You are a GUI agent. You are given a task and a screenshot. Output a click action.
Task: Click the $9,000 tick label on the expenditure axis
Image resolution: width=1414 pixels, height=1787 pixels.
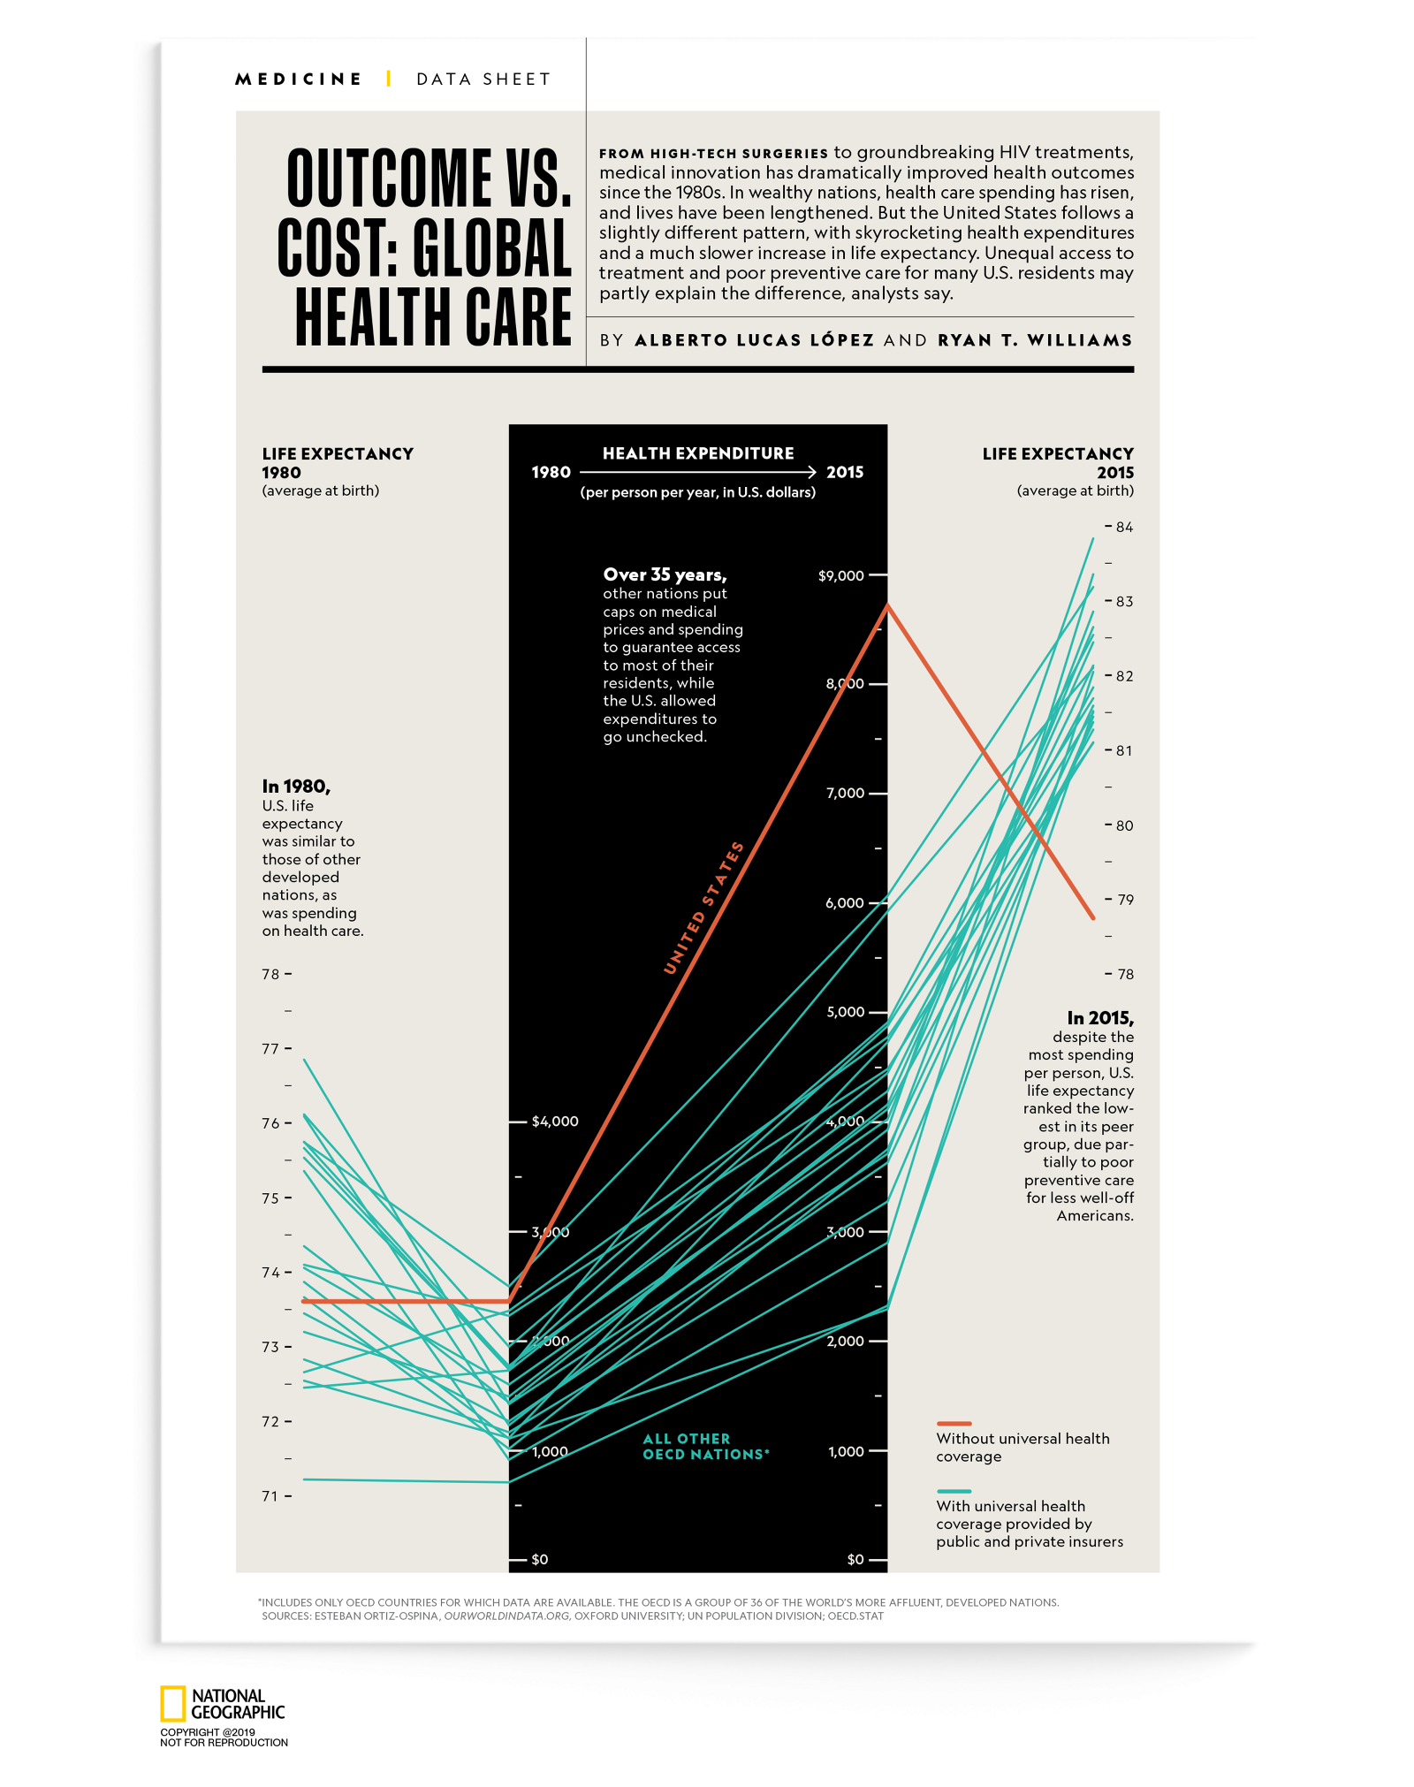click(840, 576)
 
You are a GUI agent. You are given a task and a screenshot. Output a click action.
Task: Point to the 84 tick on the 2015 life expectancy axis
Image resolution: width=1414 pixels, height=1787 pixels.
click(1123, 528)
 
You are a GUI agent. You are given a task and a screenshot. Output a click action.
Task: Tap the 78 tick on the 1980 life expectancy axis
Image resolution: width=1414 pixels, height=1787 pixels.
click(271, 974)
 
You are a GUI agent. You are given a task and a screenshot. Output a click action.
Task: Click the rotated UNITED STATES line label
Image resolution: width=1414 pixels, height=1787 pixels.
click(703, 908)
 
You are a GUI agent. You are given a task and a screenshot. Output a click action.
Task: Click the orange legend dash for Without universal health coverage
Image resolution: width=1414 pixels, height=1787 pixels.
click(954, 1424)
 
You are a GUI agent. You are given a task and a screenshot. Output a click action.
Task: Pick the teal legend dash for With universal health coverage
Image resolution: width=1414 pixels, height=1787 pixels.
click(954, 1491)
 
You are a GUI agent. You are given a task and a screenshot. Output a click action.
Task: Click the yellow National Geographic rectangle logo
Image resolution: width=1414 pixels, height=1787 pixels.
click(172, 1704)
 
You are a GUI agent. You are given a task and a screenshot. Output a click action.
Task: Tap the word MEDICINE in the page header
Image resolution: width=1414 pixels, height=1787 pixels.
click(298, 80)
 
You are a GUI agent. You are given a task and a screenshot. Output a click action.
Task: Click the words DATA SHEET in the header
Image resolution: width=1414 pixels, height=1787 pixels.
click(483, 80)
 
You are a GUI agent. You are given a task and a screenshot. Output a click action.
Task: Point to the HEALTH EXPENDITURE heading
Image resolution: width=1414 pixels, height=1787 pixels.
click(698, 453)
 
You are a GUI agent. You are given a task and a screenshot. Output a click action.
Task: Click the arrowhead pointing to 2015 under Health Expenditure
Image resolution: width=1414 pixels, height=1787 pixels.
click(810, 473)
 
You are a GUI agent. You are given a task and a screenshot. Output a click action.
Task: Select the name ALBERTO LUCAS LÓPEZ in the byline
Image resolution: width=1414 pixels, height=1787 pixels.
click(754, 340)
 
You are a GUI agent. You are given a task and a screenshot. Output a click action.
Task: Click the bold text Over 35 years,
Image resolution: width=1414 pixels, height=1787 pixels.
click(665, 574)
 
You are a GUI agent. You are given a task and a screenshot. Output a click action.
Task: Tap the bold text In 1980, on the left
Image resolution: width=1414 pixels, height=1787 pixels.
click(296, 787)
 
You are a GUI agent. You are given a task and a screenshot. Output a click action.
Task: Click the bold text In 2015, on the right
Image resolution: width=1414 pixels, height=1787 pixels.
click(1099, 1018)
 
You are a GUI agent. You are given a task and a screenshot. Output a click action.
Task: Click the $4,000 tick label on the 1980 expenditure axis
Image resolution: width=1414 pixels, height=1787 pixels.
click(554, 1122)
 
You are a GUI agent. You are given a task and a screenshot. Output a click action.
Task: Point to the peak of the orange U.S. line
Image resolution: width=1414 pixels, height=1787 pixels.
click(887, 605)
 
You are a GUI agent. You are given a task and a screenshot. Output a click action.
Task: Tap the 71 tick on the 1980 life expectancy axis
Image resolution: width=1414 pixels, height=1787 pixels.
click(270, 1496)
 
